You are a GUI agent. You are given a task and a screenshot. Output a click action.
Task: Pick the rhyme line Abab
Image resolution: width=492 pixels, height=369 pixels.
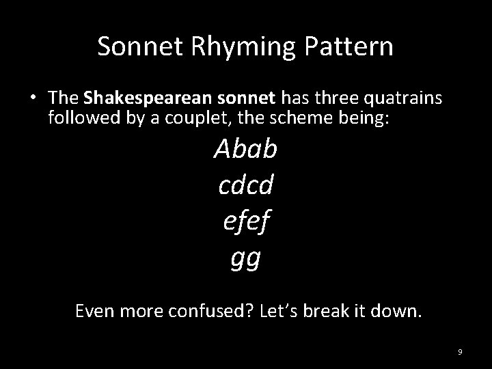pyautogui.click(x=245, y=148)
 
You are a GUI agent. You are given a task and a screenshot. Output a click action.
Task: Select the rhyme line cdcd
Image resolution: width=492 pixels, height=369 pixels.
pyautogui.click(x=245, y=184)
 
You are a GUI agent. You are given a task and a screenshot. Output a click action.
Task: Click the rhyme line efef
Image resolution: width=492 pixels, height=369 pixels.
pyautogui.click(x=245, y=221)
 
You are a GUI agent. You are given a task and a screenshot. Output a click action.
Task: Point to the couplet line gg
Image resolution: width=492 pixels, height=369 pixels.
pyautogui.click(x=245, y=258)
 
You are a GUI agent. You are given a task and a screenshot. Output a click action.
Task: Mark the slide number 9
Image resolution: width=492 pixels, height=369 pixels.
pyautogui.click(x=460, y=352)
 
